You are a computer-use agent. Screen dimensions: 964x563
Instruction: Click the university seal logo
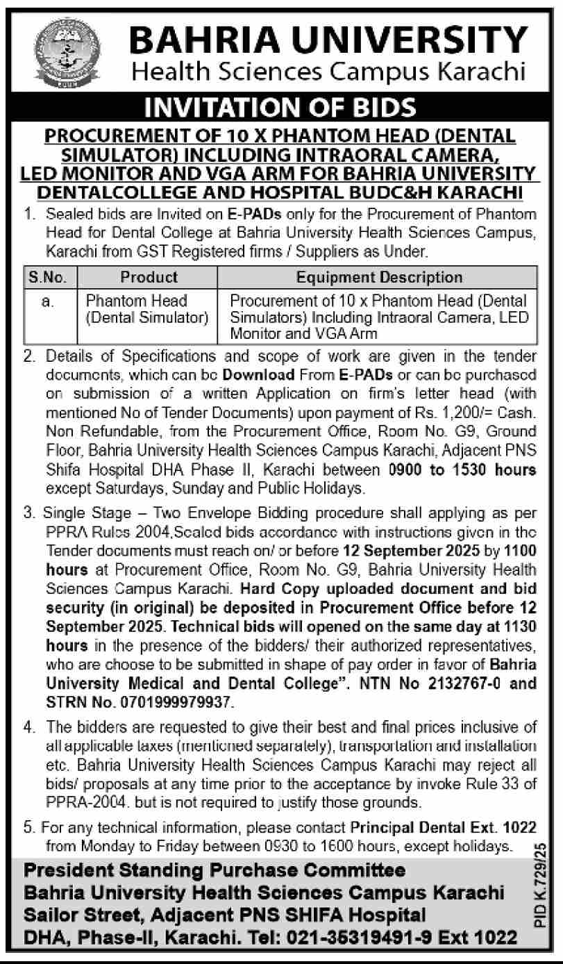point(67,51)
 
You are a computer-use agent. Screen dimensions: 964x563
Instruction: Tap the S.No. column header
point(47,277)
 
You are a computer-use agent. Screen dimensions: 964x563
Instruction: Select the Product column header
point(149,277)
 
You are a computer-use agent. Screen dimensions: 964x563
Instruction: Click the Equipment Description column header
point(378,277)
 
